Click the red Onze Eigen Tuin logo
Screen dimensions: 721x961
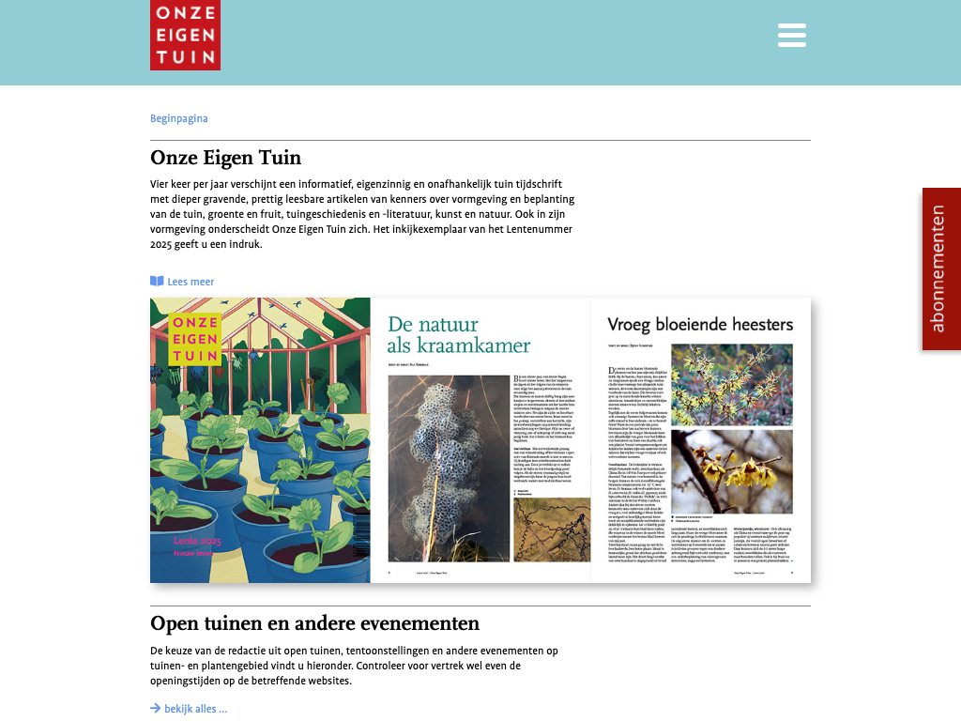click(x=185, y=35)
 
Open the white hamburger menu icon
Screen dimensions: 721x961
click(x=792, y=35)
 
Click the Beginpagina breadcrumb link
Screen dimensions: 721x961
click(x=178, y=118)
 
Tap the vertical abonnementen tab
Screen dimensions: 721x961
click(x=940, y=268)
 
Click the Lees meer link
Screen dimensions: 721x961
click(x=191, y=282)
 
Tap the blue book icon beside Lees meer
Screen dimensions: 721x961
click(x=157, y=282)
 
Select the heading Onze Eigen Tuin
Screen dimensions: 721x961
click(x=225, y=157)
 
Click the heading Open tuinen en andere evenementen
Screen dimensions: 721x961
click(x=314, y=623)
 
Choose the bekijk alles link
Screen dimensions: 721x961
click(x=195, y=709)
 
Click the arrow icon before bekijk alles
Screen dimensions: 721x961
click(x=155, y=709)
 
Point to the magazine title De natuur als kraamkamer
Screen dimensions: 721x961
click(x=459, y=335)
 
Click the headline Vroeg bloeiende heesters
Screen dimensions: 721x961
click(x=700, y=325)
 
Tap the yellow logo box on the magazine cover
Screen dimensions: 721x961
click(x=195, y=338)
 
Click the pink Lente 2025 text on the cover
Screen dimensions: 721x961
click(x=197, y=541)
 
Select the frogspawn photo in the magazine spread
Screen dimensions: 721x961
click(x=449, y=468)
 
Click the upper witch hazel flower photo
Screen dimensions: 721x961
click(x=731, y=383)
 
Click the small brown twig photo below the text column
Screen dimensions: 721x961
click(x=552, y=529)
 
